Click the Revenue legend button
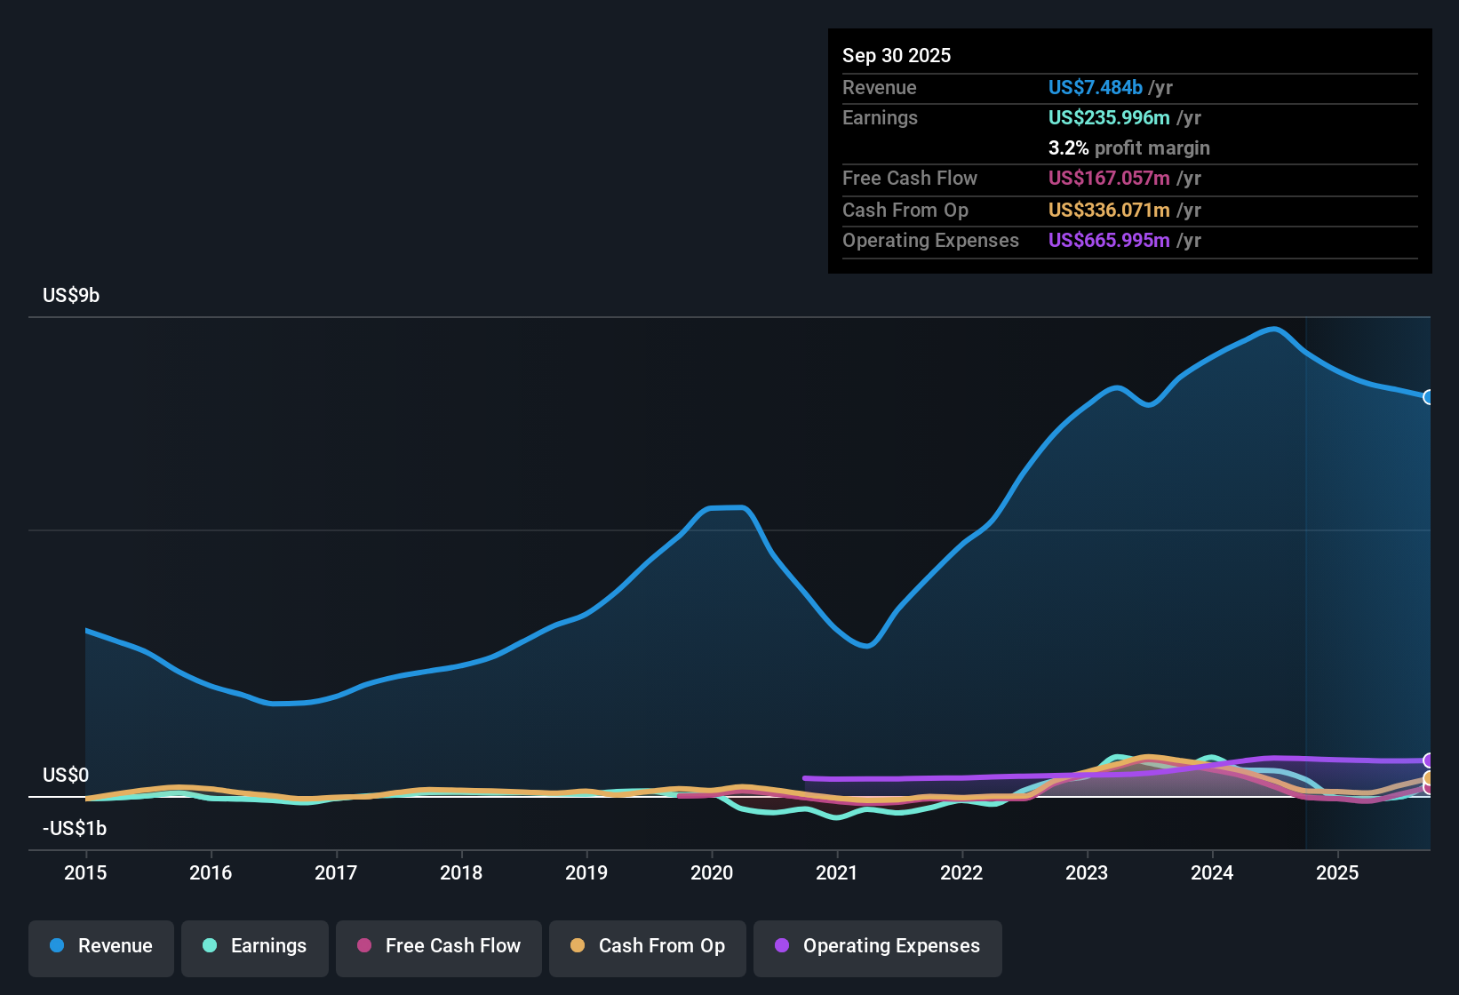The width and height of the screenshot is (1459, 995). pyautogui.click(x=101, y=946)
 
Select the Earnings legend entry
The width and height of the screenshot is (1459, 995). pyautogui.click(x=255, y=946)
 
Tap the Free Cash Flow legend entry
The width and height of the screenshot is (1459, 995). pyautogui.click(x=439, y=946)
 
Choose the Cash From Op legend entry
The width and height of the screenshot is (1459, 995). pyautogui.click(x=648, y=946)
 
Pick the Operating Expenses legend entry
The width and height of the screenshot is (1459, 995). pyautogui.click(x=878, y=946)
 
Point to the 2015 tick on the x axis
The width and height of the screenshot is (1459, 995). pyautogui.click(x=85, y=872)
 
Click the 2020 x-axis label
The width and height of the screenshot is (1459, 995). pyautogui.click(x=712, y=872)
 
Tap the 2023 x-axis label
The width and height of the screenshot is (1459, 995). pyautogui.click(x=1087, y=872)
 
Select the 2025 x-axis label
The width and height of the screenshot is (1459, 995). pyautogui.click(x=1337, y=872)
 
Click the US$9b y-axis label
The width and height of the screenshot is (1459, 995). pyautogui.click(x=71, y=295)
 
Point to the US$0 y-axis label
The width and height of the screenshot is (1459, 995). pyautogui.click(x=66, y=775)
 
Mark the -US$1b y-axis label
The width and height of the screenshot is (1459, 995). pyautogui.click(x=75, y=828)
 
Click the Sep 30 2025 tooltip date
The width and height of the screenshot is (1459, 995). pyautogui.click(x=897, y=55)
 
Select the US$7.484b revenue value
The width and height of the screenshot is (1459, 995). pyautogui.click(x=1095, y=87)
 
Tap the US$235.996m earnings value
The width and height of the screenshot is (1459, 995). pyautogui.click(x=1108, y=117)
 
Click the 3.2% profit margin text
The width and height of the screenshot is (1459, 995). pyautogui.click(x=1128, y=147)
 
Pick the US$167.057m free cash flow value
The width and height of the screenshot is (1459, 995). pyautogui.click(x=1108, y=178)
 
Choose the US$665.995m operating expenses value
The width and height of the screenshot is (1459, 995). pyautogui.click(x=1108, y=240)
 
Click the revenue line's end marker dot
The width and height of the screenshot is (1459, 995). pyautogui.click(x=1428, y=397)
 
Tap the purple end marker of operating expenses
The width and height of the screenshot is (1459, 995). pyautogui.click(x=1428, y=760)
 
